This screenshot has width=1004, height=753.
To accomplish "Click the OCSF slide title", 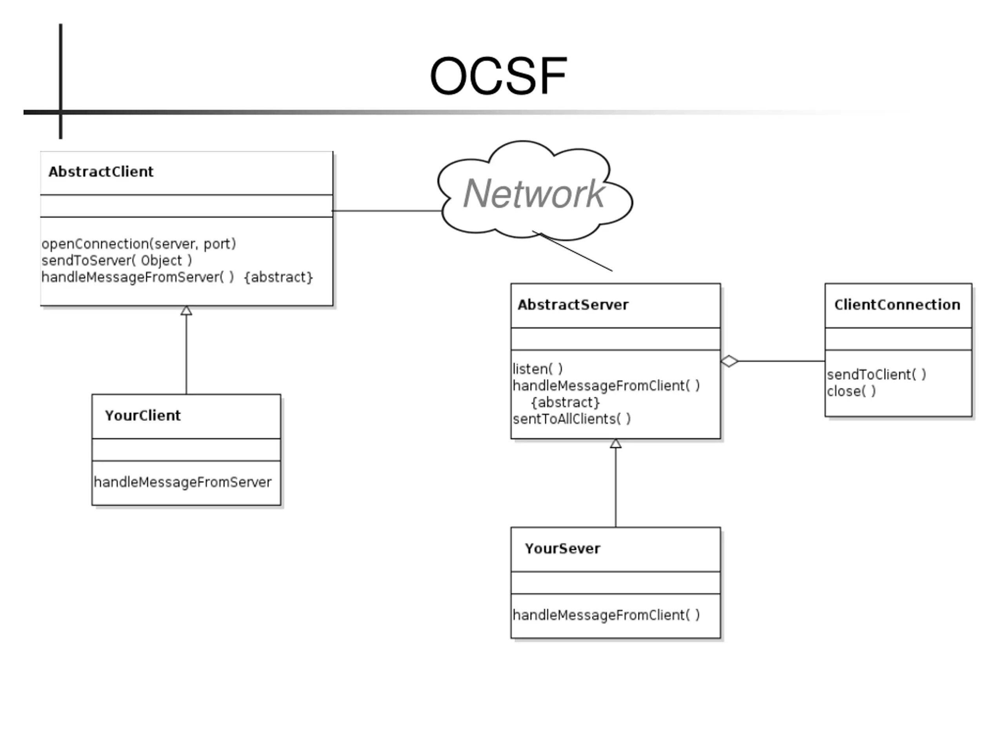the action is [498, 76].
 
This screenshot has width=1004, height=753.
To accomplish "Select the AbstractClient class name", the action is [101, 171].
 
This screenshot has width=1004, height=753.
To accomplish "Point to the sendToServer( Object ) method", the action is [116, 260].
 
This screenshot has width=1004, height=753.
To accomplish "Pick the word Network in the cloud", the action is [533, 194].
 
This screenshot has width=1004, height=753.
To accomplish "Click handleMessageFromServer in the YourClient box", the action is [182, 482].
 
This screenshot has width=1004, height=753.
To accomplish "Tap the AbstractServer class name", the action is [573, 305].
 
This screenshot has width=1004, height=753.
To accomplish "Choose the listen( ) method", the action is [537, 369].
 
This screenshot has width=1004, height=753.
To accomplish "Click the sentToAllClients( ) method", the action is [572, 419].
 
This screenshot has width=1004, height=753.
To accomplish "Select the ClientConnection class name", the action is [897, 305].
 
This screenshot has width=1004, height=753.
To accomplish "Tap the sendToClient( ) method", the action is [876, 375].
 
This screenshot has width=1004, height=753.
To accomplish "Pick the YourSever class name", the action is [562, 548].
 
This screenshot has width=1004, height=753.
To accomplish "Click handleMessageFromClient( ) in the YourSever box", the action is [606, 615].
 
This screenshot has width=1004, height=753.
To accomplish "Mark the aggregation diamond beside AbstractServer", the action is [729, 361].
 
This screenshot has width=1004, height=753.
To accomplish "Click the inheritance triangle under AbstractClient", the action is [186, 311].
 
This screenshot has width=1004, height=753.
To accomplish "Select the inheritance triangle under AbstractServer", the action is [615, 444].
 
